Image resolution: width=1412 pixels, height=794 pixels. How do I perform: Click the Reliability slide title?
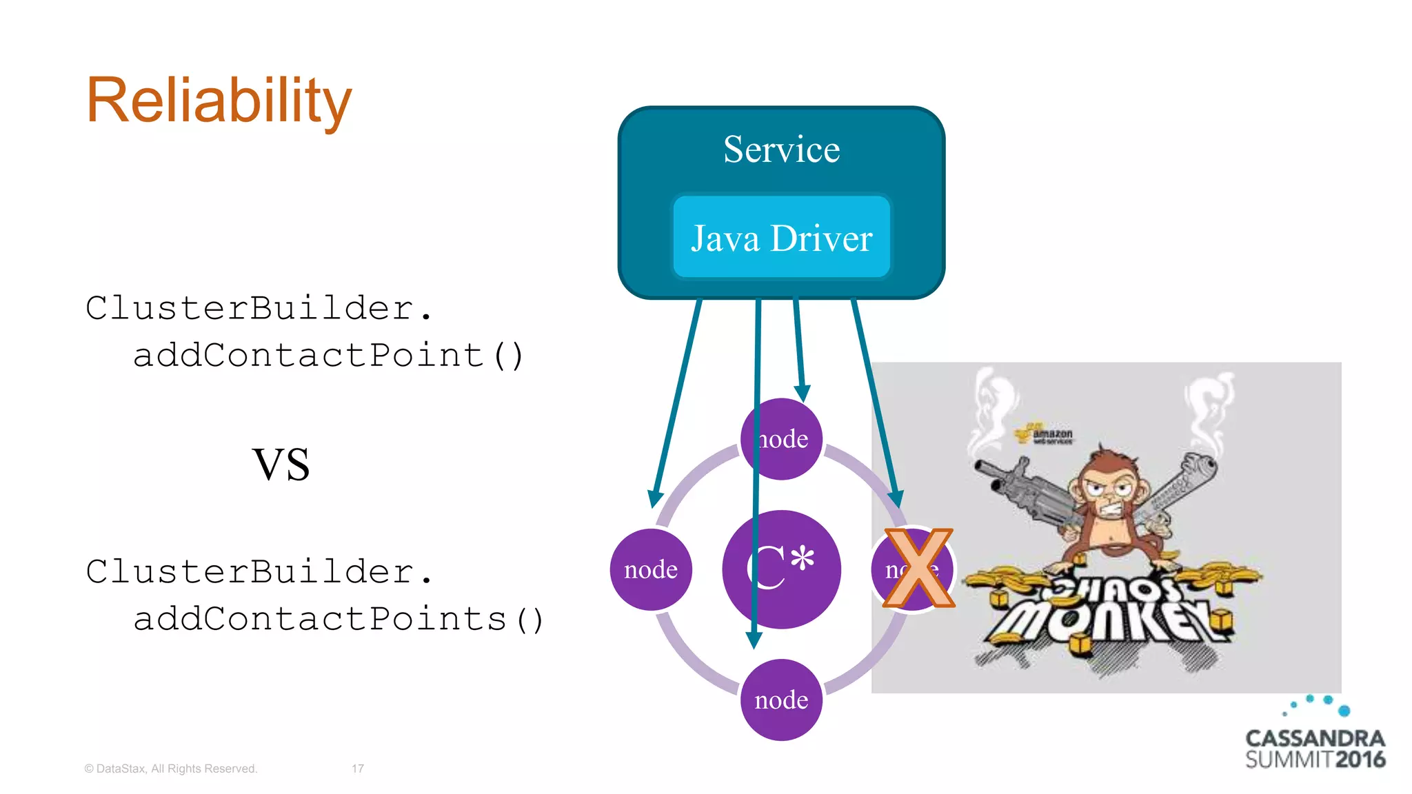point(219,101)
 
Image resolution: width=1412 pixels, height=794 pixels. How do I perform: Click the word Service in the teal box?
point(781,150)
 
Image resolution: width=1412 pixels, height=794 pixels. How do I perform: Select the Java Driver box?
point(781,237)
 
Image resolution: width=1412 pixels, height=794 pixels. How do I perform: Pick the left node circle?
point(651,569)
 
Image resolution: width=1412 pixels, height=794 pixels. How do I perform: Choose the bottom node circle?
point(781,700)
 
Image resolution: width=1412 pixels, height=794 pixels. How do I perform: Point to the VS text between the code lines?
point(281,465)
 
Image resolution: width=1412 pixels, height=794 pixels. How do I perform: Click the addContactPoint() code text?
point(328,356)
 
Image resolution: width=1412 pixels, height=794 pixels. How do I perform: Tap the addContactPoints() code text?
point(338,619)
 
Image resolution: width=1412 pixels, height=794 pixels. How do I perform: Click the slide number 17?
point(358,768)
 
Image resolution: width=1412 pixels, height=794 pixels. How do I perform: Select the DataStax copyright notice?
point(170,768)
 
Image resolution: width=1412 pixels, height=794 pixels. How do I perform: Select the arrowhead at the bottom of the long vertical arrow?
point(754,640)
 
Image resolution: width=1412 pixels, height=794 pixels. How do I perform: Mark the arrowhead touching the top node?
point(803,393)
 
